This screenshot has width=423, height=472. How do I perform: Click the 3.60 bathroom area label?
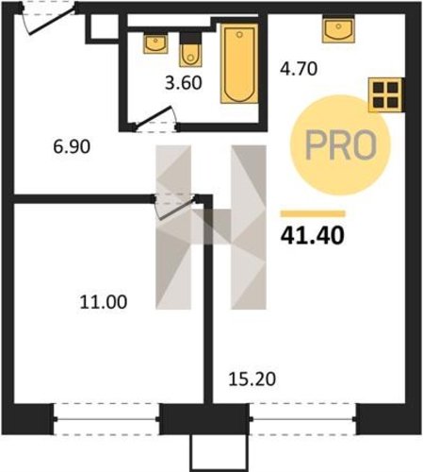[x=184, y=83]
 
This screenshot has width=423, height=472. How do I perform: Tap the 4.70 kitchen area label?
[x=299, y=69]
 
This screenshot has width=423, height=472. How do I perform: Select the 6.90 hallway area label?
[x=72, y=146]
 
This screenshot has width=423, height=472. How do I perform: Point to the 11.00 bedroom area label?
[x=104, y=302]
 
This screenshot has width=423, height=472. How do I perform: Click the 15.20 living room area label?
[x=252, y=379]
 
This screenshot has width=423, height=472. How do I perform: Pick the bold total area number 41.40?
[x=313, y=236]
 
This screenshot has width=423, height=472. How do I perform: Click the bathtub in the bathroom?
[x=239, y=63]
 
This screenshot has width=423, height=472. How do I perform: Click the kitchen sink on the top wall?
[x=338, y=28]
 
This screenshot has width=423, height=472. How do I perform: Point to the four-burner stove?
[x=385, y=94]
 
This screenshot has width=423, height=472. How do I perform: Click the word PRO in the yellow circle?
[x=341, y=145]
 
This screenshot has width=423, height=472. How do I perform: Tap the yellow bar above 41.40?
[x=313, y=214]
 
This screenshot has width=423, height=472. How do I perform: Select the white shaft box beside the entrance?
[x=103, y=26]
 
